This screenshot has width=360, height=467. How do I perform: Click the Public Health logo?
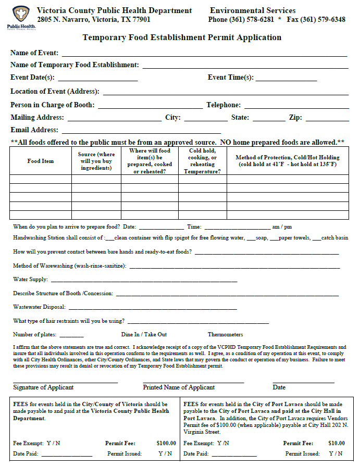21,17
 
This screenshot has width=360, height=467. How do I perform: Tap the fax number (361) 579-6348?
324,20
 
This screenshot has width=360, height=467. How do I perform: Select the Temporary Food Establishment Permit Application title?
182,37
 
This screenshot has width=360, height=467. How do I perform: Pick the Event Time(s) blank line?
286,80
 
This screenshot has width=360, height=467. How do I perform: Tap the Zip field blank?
327,120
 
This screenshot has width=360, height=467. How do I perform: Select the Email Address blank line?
141,133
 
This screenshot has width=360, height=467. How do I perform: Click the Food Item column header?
41,161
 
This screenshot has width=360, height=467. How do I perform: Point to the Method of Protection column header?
288,161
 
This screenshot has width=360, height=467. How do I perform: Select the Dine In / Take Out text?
144,334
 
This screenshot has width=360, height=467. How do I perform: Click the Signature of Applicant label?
43,387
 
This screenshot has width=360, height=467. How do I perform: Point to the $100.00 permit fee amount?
166,443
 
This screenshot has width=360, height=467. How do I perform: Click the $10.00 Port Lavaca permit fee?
337,443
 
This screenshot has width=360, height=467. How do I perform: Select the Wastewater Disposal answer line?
152,309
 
